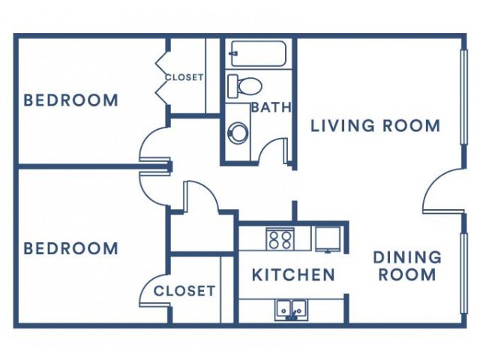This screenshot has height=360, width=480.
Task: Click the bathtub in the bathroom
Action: click(259, 53)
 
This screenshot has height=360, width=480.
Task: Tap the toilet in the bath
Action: click(245, 86)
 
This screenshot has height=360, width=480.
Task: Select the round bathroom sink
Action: click(238, 132)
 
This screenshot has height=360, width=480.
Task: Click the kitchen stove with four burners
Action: click(280, 239)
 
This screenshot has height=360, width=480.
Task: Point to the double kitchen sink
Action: click(291, 310)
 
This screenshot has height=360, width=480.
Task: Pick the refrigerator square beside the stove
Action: click(328, 239)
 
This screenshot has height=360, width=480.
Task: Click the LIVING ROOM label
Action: click(375, 126)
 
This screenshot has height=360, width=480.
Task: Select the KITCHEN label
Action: click(293, 274)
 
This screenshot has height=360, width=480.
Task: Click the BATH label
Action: click(271, 107)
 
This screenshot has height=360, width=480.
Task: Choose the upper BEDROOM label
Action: click(70, 100)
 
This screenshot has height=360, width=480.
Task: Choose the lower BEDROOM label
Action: click(70, 248)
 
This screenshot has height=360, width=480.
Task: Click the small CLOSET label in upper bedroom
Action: click(184, 77)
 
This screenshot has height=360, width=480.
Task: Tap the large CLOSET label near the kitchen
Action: click(184, 291)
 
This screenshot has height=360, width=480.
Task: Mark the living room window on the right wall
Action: click(464, 97)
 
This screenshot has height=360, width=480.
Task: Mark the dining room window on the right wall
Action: click(464, 273)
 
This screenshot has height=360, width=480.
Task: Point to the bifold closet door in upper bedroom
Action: click(163, 77)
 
